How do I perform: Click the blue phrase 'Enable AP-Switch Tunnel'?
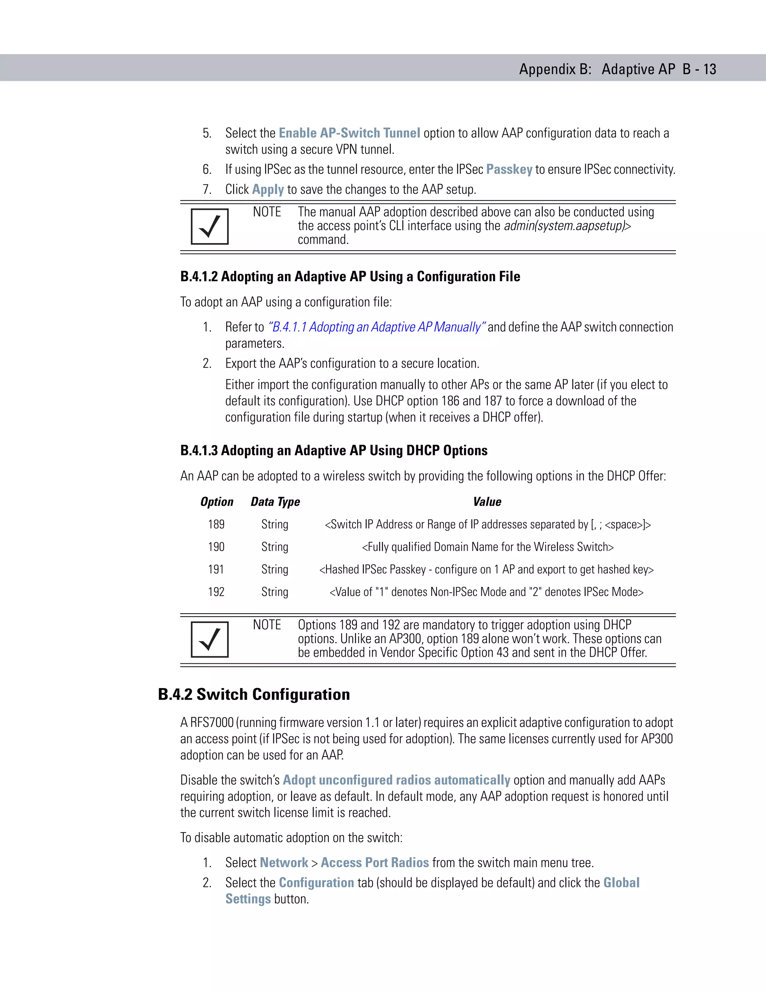coord(349,133)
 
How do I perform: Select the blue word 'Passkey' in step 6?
coord(509,169)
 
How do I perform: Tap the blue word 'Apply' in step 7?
coord(268,189)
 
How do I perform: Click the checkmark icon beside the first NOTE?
coord(210,226)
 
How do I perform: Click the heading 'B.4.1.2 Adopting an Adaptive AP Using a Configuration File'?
coord(350,276)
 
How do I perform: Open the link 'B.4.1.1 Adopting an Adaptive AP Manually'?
coord(377,327)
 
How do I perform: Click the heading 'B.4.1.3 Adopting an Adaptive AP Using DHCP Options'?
coord(334,450)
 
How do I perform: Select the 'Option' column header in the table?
coord(217,501)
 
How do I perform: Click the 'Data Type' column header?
coord(275,501)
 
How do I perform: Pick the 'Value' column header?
coord(487,501)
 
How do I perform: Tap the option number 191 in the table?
coord(217,569)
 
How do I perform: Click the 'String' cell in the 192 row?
coord(275,592)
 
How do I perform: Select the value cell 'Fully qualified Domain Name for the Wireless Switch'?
coord(487,547)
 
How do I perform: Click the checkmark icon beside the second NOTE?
coord(210,639)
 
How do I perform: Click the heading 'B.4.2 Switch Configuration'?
coord(254,694)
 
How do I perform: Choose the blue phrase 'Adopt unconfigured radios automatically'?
coord(396,780)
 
